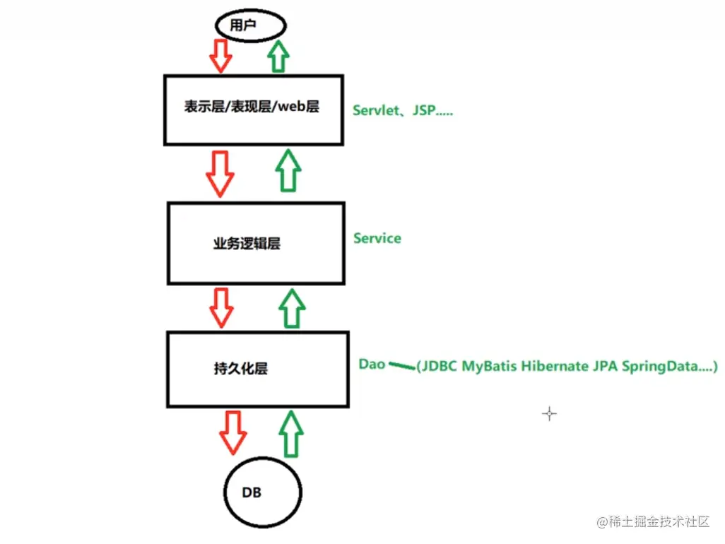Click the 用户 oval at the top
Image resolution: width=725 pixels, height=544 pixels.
point(250,26)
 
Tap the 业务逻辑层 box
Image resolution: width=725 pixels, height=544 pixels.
point(257,243)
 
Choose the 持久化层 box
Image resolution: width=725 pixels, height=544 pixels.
point(257,368)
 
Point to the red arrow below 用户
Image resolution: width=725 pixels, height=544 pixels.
point(221,56)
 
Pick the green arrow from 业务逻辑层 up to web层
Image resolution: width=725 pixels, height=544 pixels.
point(289,170)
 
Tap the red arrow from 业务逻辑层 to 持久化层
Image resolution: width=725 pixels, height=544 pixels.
point(223,307)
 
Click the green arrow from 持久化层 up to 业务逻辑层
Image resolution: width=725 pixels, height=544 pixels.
point(291,307)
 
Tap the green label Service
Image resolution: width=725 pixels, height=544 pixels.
point(377,239)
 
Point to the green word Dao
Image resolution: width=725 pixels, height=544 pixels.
point(372,364)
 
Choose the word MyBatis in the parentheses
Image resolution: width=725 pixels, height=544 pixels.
point(490,367)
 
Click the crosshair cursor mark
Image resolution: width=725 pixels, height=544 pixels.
point(549,414)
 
